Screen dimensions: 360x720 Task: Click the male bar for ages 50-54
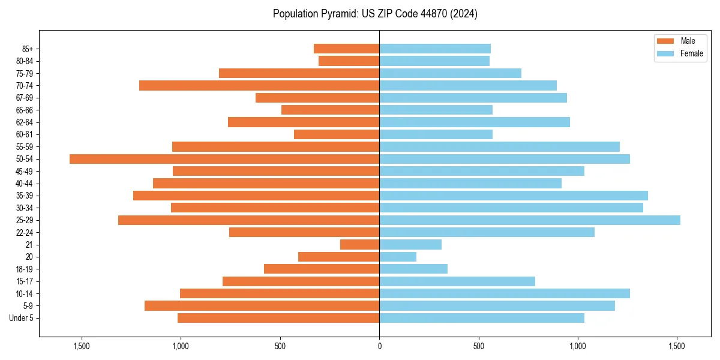[x=224, y=159]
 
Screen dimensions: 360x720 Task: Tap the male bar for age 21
[x=359, y=245]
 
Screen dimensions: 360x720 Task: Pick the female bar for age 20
[x=398, y=257]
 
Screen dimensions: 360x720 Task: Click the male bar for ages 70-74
[x=259, y=86]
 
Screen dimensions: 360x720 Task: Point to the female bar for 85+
[x=435, y=49]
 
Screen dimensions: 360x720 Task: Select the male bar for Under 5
[x=278, y=318]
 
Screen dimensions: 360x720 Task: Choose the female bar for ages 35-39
[x=514, y=196]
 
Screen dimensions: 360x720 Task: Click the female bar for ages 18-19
[x=413, y=269]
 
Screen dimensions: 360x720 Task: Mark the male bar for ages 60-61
[x=337, y=134]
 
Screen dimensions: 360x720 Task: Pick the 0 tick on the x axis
[x=379, y=346]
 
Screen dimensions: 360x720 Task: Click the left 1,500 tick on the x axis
[x=81, y=346]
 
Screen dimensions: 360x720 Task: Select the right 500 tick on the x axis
[x=478, y=346]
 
